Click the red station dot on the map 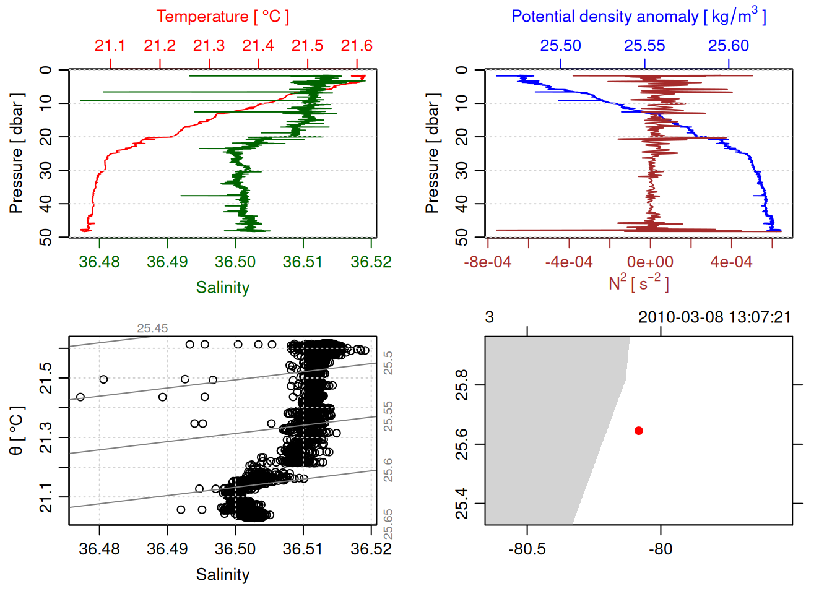[x=638, y=431]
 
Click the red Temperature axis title [x=222, y=17]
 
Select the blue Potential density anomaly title [x=638, y=17]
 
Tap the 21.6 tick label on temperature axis [x=357, y=46]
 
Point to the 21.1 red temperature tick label [x=110, y=46]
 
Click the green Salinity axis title [x=222, y=288]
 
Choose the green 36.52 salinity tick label [x=371, y=262]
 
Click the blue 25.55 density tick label [x=644, y=46]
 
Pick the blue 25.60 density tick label [x=729, y=46]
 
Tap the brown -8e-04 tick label [x=488, y=262]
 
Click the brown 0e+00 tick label [x=650, y=262]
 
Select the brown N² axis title [x=638, y=283]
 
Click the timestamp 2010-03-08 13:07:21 [x=714, y=317]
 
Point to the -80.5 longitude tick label [x=527, y=549]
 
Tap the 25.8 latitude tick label [x=462, y=385]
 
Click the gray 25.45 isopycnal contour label [x=152, y=329]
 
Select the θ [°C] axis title [x=17, y=431]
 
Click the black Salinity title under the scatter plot [x=222, y=575]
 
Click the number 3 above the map [x=489, y=317]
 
